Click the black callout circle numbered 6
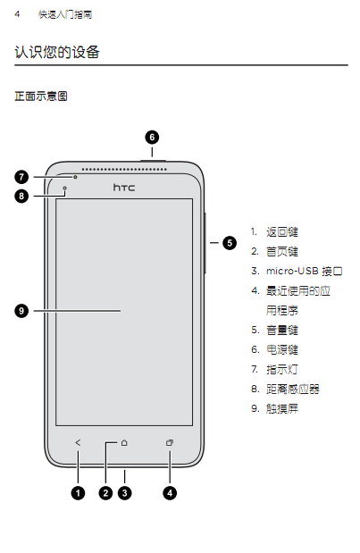[152, 138]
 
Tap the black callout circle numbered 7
[21, 177]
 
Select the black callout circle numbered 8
[21, 196]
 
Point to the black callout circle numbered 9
[21, 311]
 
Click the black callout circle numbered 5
[230, 243]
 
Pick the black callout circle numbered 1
[78, 492]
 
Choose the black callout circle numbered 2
[105, 492]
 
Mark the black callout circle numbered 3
[124, 492]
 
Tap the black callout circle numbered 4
[170, 492]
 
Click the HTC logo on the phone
[124, 188]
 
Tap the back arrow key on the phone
[78, 442]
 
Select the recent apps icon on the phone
[170, 442]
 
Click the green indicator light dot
[75, 177]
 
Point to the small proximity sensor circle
[65, 189]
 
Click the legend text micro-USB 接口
[304, 271]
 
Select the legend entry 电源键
[282, 349]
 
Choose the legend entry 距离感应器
[293, 389]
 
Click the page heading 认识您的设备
[57, 52]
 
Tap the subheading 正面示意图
[41, 96]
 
